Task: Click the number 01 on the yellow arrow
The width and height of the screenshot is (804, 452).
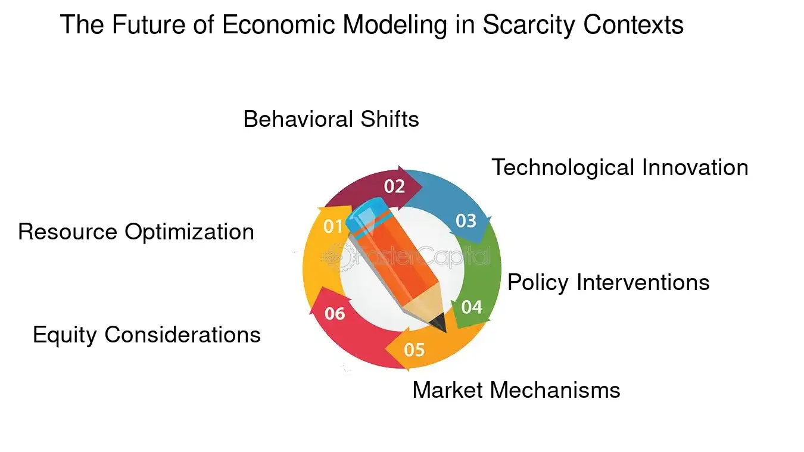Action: (333, 226)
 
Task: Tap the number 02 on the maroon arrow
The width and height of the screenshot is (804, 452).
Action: (394, 186)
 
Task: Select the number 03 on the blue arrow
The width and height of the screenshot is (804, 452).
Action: (466, 221)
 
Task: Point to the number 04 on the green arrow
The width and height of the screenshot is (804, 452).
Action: (472, 307)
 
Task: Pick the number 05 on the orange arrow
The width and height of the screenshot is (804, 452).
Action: (414, 349)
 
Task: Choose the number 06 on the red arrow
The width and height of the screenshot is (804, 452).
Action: (335, 313)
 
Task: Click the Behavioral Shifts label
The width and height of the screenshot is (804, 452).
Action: (331, 119)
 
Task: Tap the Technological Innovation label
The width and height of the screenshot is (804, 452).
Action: (619, 167)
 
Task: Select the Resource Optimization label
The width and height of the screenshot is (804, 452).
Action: (136, 232)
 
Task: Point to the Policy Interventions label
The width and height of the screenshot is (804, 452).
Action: (608, 282)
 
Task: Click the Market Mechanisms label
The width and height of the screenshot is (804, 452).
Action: (516, 390)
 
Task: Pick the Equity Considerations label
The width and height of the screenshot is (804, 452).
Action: (147, 335)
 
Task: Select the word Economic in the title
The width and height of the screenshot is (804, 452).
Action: (270, 25)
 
